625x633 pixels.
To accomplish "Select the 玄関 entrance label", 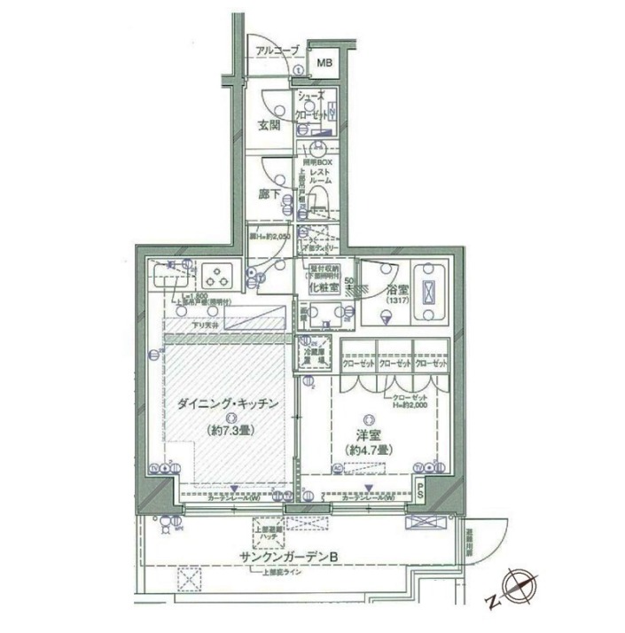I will tap(270, 125).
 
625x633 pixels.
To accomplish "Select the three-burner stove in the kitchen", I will tap(215, 276).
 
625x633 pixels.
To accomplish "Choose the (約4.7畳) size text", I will tap(371, 450).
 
